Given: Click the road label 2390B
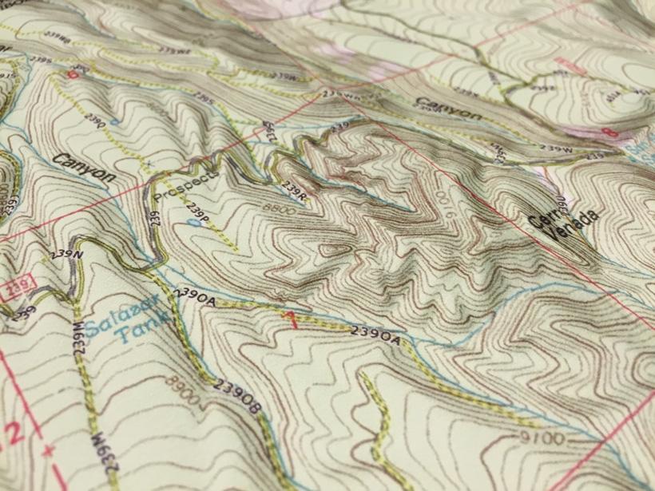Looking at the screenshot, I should coord(238,398).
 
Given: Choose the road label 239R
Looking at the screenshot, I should coord(295,191).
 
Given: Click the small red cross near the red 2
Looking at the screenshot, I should coord(50,452).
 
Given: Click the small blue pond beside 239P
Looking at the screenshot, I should coord(194,224).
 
